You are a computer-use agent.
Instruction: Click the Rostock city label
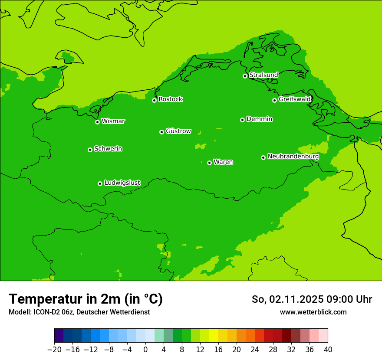tap(170, 99)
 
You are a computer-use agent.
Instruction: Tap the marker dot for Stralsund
tap(245, 76)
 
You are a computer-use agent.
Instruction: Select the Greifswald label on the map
tap(294, 99)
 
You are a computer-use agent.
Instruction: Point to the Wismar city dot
tap(97, 122)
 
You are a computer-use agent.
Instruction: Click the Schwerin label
tap(108, 149)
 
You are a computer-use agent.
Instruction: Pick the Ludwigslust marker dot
tap(100, 183)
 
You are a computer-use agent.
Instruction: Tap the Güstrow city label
tap(178, 131)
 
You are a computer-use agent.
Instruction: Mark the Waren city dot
tap(209, 163)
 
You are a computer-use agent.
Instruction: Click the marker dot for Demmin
tap(242, 120)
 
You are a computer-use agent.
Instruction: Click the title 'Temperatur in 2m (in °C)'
tap(86, 299)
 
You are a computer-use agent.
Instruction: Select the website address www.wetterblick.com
tap(313, 312)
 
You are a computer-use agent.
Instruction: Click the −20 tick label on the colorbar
tap(54, 350)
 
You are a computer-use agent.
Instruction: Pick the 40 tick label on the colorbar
tap(328, 350)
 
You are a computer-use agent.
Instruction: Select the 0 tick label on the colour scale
tap(145, 350)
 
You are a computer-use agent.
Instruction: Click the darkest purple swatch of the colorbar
tap(59, 336)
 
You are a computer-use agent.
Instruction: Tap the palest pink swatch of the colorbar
tap(323, 336)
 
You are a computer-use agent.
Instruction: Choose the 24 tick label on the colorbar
tap(255, 350)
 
